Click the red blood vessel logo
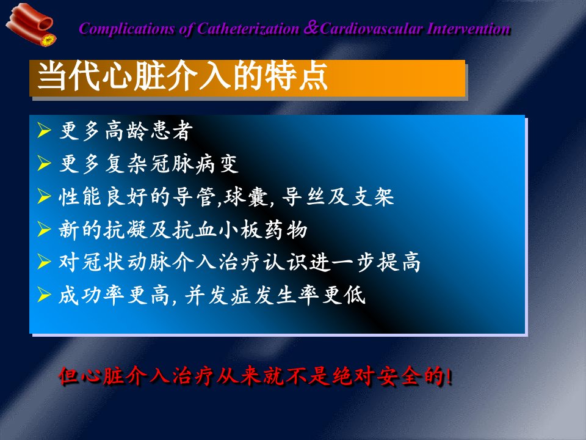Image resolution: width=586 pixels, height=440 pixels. coord(31,24)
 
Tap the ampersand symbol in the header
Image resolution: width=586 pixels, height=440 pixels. coord(311,28)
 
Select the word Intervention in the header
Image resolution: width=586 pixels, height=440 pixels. coord(469,29)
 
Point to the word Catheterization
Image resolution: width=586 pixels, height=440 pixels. coord(248,29)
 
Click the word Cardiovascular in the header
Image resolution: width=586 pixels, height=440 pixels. coord(372,29)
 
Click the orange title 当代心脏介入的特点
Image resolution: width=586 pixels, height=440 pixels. coord(183,76)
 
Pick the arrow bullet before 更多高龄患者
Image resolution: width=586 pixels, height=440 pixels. coord(44,130)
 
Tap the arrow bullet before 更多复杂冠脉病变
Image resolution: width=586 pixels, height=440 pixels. coord(44,163)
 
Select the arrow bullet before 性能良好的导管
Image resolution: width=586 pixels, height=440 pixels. coord(44,196)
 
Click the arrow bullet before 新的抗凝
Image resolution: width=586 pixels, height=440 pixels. coord(44,229)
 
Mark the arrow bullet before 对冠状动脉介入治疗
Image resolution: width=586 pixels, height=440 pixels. coord(44,262)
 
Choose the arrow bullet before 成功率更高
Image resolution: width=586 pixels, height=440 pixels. coord(44,295)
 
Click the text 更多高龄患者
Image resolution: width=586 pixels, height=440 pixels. coord(126,131)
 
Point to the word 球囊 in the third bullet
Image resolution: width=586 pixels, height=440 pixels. coord(245,197)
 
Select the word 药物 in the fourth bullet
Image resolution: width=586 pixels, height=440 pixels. coord(286,229)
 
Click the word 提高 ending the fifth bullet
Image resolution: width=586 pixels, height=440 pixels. coord(399,262)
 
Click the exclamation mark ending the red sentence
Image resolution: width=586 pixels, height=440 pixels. coord(449,376)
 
